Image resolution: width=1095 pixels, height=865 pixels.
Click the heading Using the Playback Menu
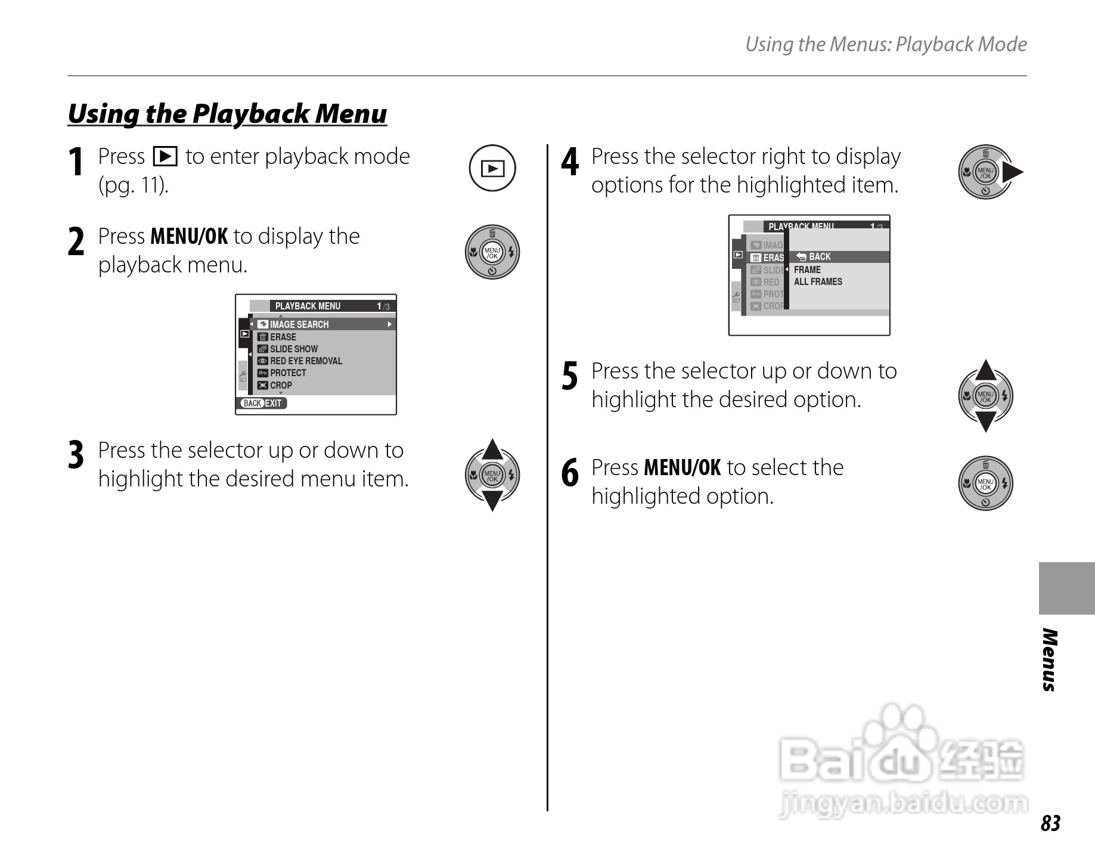point(227,113)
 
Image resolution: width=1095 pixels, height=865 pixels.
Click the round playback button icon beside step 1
point(492,169)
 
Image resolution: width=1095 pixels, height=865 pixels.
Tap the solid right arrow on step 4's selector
point(1013,173)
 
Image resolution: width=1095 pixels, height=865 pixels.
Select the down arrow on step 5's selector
point(986,421)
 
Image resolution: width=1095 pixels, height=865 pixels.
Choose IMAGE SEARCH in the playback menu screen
point(299,324)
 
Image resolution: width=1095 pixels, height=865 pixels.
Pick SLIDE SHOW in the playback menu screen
point(293,349)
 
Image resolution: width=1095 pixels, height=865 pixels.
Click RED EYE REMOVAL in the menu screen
point(305,361)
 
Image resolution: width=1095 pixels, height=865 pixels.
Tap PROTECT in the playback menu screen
point(287,373)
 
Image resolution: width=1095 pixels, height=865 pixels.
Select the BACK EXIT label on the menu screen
point(263,403)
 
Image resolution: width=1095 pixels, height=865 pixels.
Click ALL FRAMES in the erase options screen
point(818,281)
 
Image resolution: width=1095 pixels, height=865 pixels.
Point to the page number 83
point(1050,823)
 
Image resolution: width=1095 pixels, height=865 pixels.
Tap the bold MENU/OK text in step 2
point(189,237)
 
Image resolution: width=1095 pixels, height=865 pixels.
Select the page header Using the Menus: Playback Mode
point(886,44)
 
